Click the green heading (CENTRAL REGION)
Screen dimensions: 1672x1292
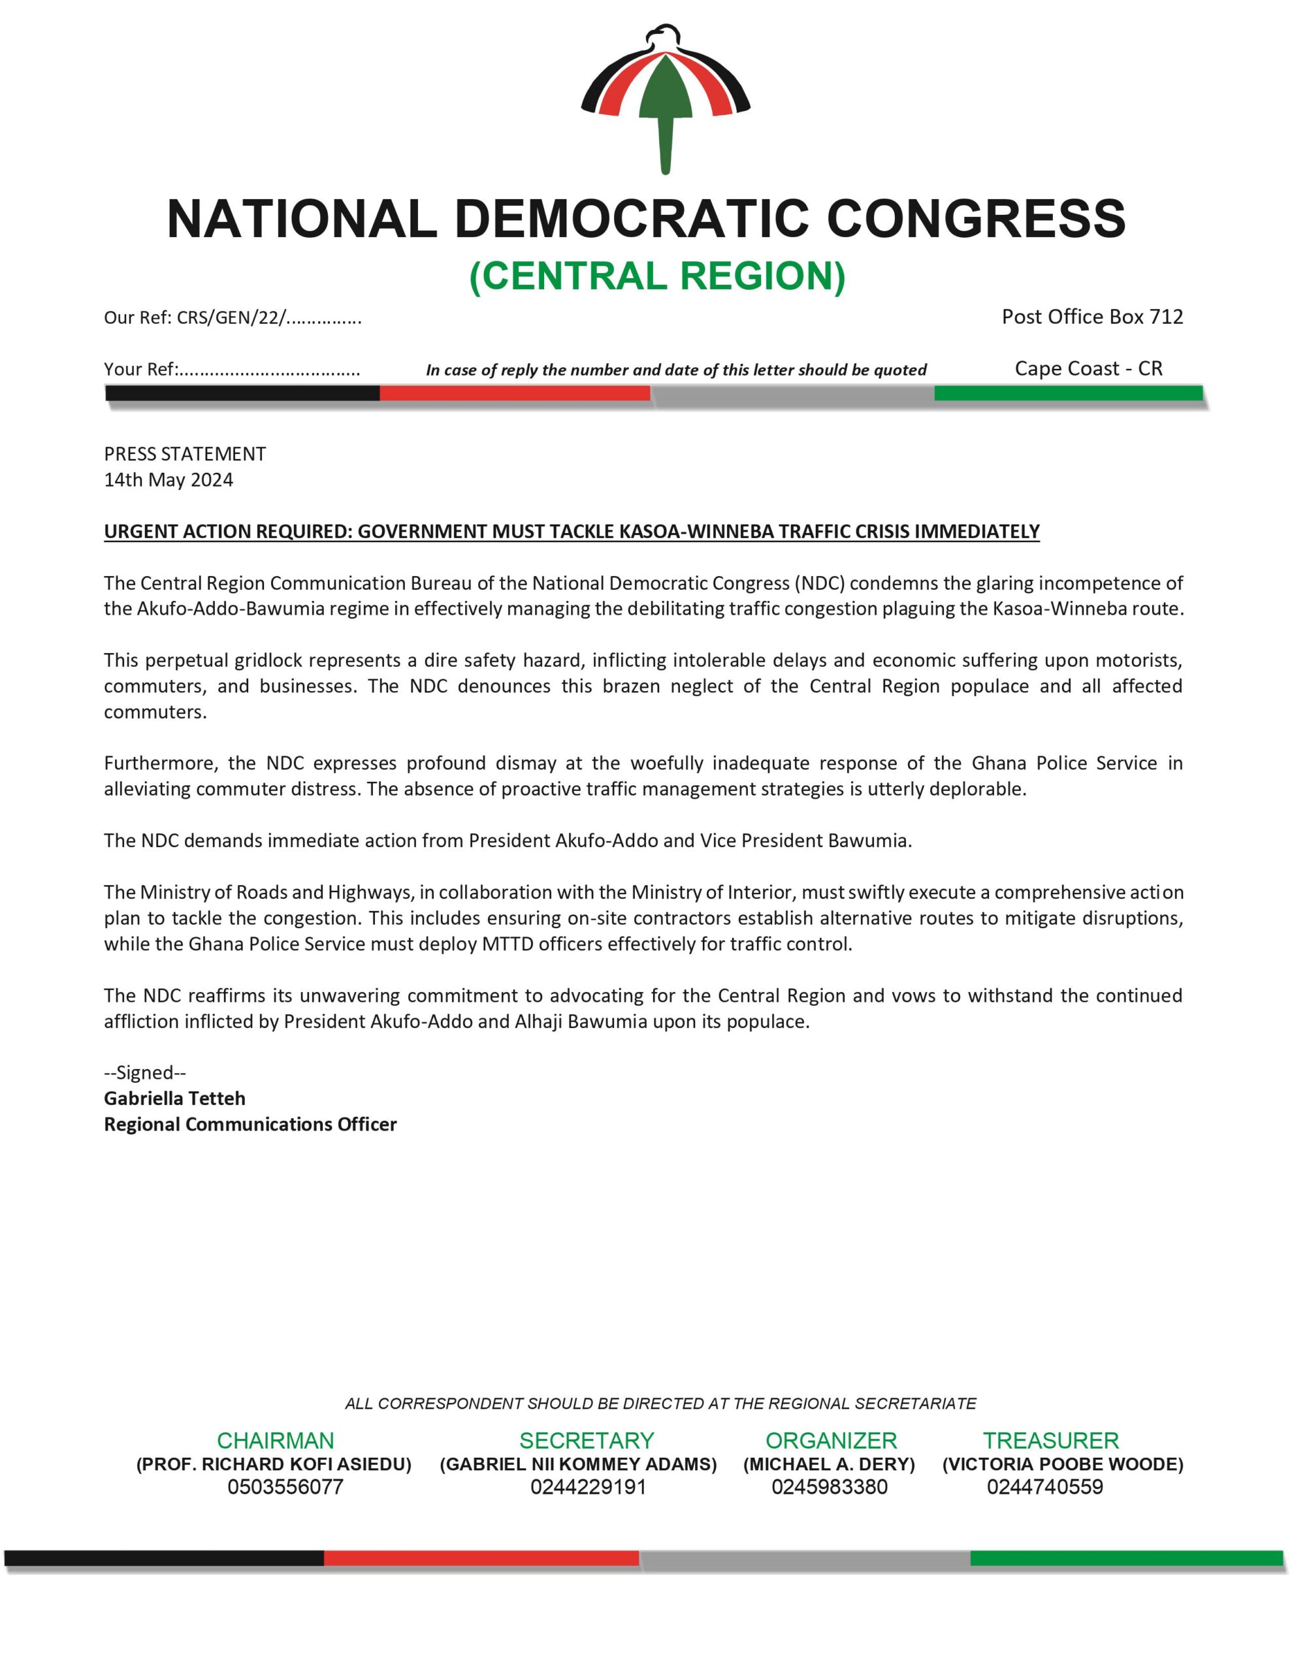coord(657,276)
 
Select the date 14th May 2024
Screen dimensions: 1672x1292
coord(169,480)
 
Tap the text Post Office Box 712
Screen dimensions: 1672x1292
coord(1092,317)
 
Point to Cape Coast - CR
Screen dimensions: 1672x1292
coord(1088,368)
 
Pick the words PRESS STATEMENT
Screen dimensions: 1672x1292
coord(185,454)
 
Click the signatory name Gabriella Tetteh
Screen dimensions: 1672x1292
coord(174,1099)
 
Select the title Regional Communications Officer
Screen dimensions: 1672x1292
coord(250,1125)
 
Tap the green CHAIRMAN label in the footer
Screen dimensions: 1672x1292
coord(276,1441)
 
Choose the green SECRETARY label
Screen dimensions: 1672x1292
coord(587,1441)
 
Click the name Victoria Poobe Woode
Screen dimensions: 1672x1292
coord(1062,1464)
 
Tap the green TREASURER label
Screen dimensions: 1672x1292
coord(1051,1441)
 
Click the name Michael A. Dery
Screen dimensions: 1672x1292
coord(830,1464)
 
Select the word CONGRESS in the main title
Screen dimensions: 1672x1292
coord(977,219)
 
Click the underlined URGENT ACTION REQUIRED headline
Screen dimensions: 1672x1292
coord(572,531)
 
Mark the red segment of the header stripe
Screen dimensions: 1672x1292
coord(515,393)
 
